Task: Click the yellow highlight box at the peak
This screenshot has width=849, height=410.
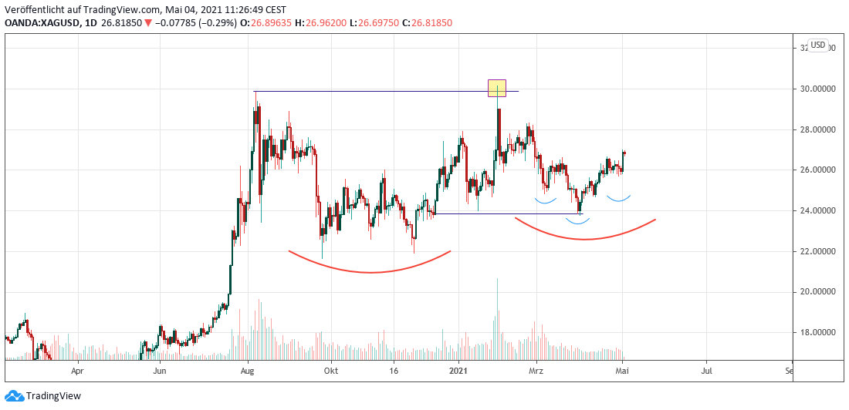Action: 497,88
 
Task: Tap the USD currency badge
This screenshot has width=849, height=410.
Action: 818,45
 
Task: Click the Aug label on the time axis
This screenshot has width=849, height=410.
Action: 248,370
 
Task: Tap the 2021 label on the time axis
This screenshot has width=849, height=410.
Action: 460,370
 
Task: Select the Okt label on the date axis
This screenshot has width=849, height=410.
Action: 330,370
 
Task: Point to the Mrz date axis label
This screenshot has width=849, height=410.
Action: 538,370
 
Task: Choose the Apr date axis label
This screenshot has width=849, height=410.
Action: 76,370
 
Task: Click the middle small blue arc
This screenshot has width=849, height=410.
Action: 578,223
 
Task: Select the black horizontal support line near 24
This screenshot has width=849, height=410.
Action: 509,213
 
